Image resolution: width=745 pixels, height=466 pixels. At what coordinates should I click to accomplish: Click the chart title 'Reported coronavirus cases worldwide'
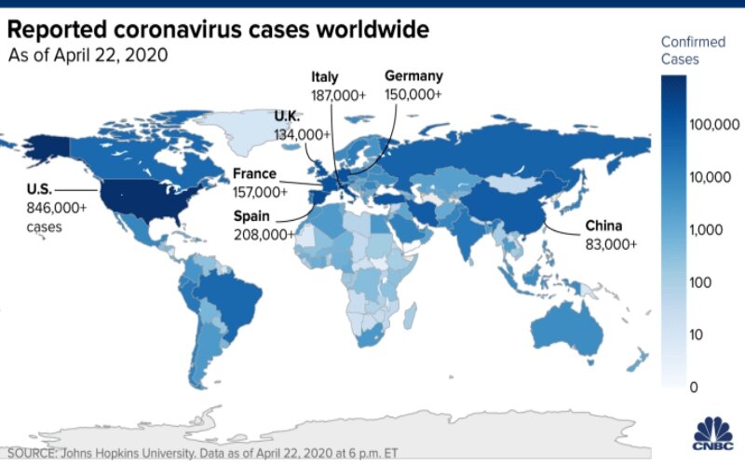219,29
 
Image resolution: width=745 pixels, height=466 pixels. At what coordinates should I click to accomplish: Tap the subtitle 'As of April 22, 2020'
88,55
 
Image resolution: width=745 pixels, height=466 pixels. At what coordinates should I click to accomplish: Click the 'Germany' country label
413,76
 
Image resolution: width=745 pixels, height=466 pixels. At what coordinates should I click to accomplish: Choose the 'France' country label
254,174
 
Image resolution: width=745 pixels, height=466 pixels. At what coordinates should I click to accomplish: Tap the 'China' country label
604,226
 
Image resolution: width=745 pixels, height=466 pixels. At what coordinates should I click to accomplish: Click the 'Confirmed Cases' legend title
692,50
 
